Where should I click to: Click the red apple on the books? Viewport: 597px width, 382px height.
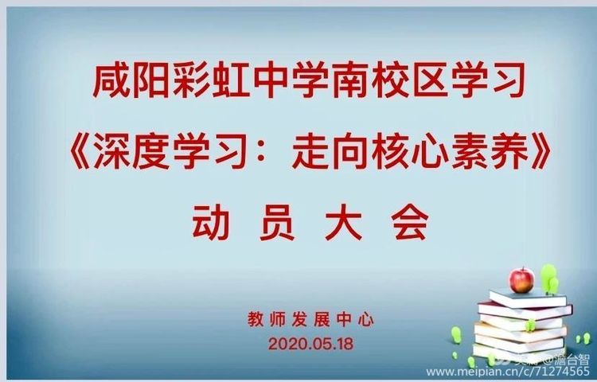521,279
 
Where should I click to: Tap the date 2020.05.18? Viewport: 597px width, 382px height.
310,345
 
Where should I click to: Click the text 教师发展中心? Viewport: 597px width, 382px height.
310,322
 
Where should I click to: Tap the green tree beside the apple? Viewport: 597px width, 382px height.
548,278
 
